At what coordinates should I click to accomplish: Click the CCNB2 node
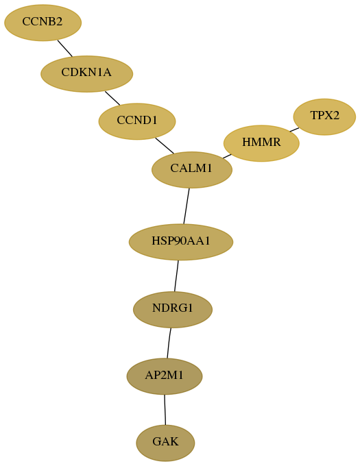tap(43, 23)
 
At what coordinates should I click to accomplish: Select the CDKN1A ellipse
tap(86, 74)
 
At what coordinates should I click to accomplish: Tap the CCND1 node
tap(137, 121)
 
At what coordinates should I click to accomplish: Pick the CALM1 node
tap(192, 170)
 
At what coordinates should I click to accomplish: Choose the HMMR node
tap(261, 143)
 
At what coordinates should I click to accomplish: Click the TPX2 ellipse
tap(324, 116)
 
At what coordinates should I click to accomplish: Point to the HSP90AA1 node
tap(181, 242)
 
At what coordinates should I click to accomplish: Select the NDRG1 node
tap(173, 310)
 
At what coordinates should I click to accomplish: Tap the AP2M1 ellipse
tap(165, 376)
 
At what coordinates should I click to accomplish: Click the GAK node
tap(165, 443)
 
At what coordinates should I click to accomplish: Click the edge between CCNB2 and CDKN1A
tap(65, 48)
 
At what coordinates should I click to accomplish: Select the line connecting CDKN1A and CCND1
tap(112, 98)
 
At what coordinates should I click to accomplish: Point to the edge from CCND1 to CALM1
tap(165, 145)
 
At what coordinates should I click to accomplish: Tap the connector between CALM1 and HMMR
tap(227, 156)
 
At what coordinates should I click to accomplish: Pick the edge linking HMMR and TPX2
tap(294, 130)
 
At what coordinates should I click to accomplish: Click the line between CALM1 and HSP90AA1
tap(187, 206)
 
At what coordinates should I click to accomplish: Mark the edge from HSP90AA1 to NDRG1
tap(176, 275)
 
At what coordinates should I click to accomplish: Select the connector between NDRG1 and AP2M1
tap(169, 343)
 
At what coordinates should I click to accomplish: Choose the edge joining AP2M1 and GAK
tap(165, 410)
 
